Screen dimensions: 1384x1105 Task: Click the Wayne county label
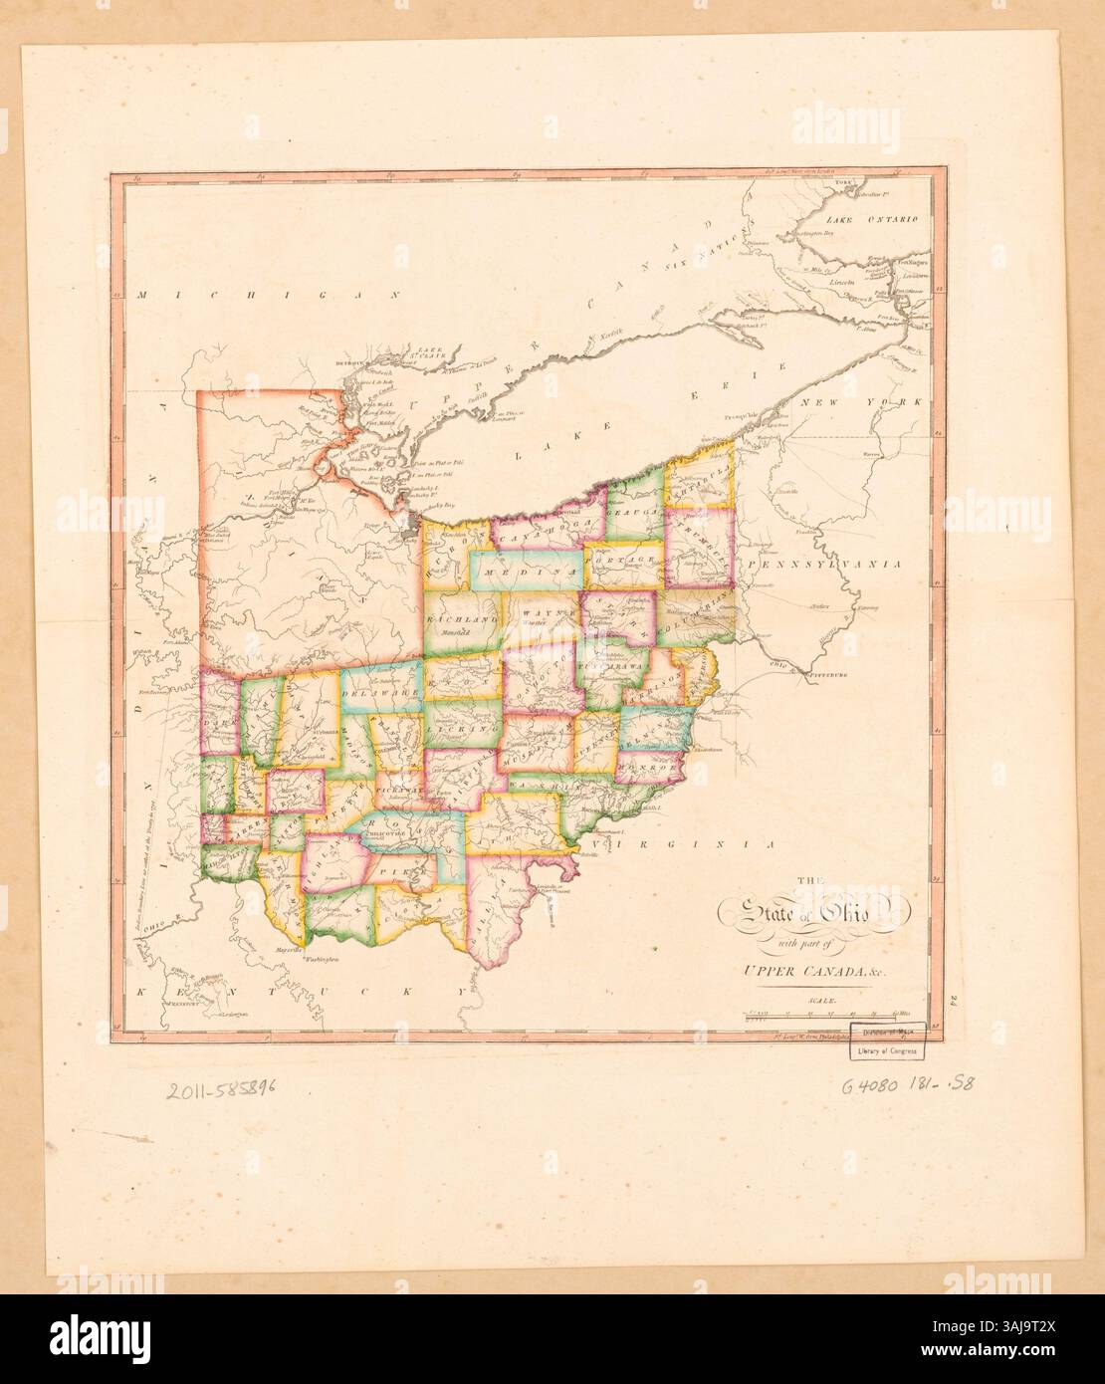coord(539,616)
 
